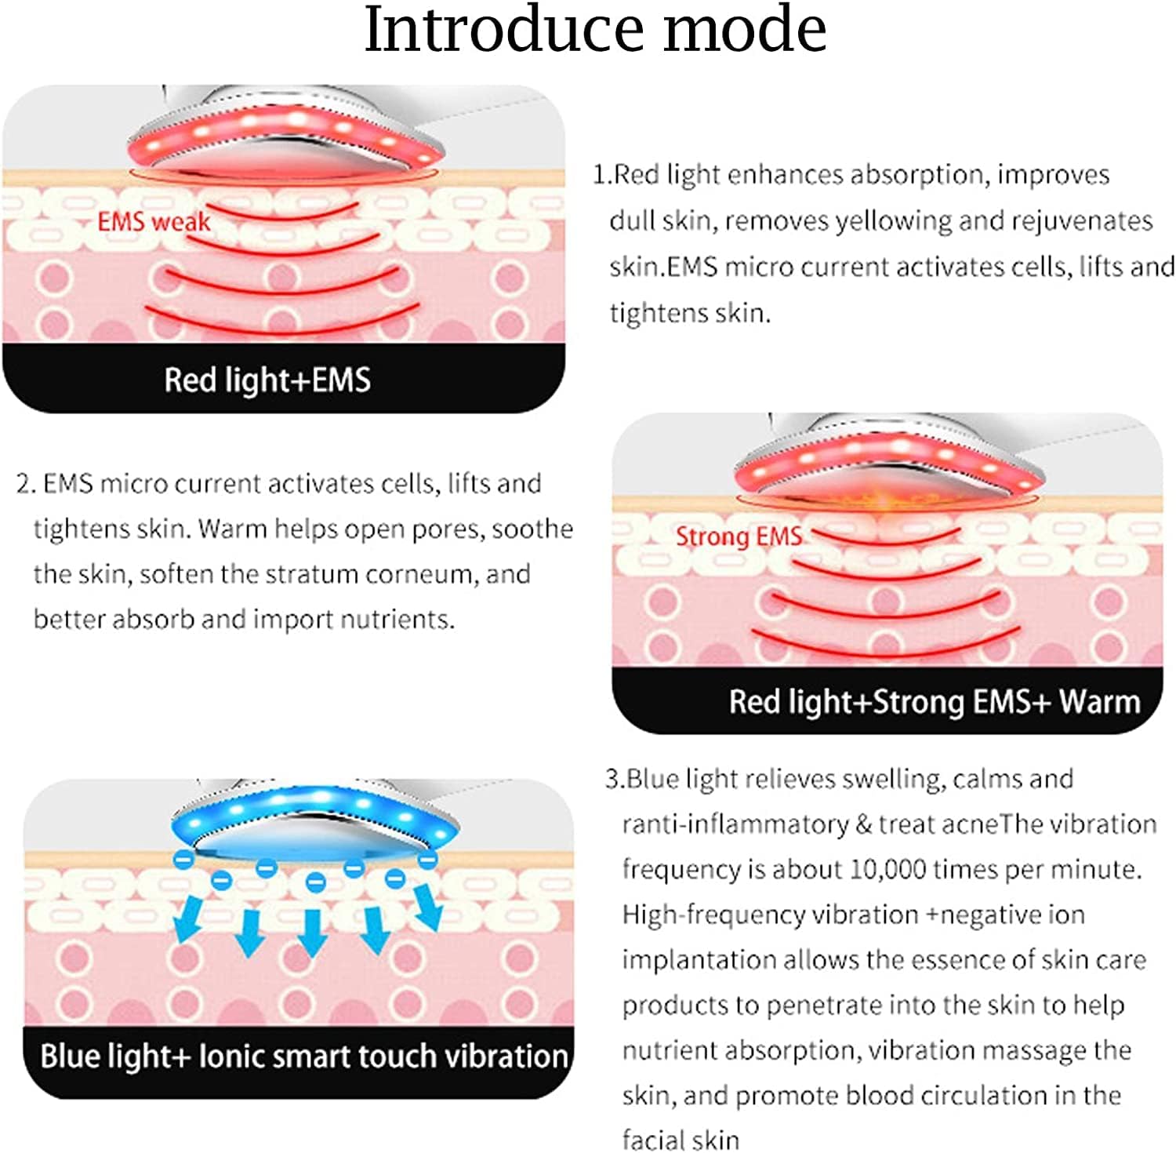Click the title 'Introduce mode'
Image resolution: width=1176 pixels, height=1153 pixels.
[x=595, y=30]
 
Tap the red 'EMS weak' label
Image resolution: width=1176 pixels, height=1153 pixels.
[x=154, y=222]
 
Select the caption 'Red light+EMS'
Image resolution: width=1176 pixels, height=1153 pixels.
[x=267, y=380]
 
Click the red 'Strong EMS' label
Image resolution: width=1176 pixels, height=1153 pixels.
[x=739, y=537]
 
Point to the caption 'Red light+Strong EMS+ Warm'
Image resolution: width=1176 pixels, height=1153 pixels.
[x=934, y=702]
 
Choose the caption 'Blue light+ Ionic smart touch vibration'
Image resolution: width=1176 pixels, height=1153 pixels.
[x=304, y=1057]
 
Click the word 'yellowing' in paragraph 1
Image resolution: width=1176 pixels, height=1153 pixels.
[x=893, y=221]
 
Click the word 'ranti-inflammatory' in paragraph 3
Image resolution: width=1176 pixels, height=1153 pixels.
[x=735, y=824]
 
